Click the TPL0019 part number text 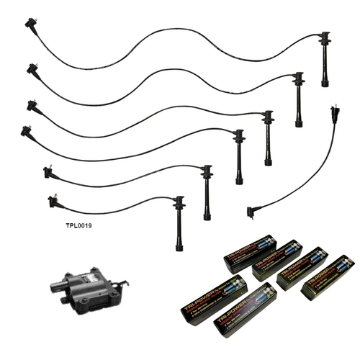(x=78, y=225)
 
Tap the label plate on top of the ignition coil (x=92, y=276)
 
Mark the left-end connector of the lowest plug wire (x=52, y=201)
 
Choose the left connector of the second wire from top (x=31, y=69)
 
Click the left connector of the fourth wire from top (x=27, y=130)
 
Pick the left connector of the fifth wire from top (x=48, y=172)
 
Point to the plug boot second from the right (x=297, y=97)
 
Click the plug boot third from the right (x=268, y=137)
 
